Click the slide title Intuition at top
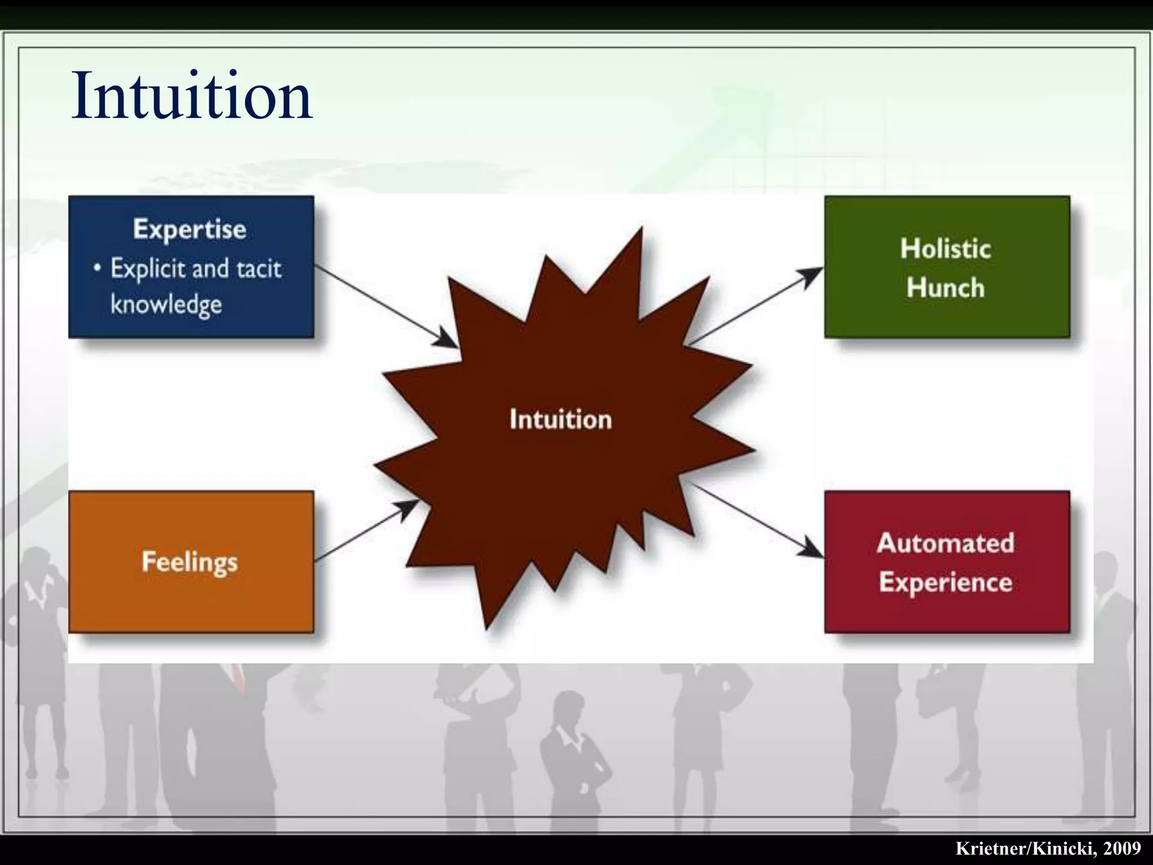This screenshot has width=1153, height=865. click(x=191, y=96)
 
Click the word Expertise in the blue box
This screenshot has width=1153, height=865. click(x=190, y=229)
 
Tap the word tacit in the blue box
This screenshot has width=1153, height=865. click(x=258, y=269)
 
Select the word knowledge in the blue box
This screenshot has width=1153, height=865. click(x=166, y=305)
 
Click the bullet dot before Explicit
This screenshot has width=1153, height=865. click(x=98, y=268)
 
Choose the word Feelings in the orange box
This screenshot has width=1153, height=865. click(x=190, y=562)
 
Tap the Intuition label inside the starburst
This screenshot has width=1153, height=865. click(x=561, y=420)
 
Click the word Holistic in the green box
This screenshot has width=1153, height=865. click(x=946, y=249)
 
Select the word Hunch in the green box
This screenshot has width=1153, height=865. click(x=946, y=288)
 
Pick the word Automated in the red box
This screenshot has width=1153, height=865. click(x=946, y=543)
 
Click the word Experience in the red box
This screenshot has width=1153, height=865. click(x=946, y=582)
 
